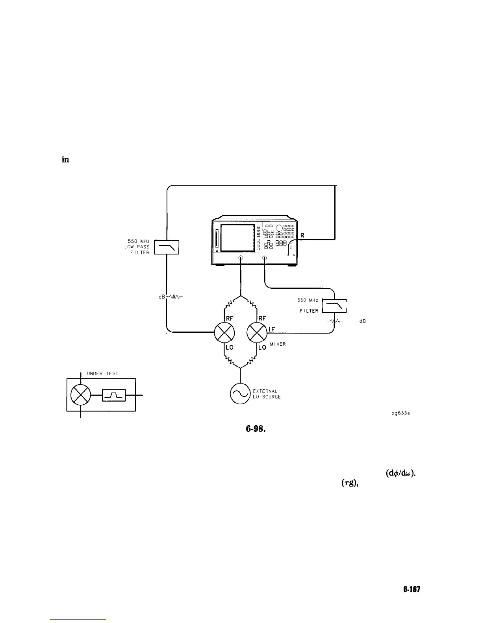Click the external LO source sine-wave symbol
click(x=240, y=393)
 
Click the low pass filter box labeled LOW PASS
click(x=167, y=247)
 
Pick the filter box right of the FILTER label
click(x=334, y=306)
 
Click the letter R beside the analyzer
click(x=302, y=235)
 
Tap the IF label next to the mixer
click(x=271, y=326)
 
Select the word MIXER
click(x=278, y=344)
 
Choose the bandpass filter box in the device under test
click(x=114, y=394)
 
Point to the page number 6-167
click(x=412, y=589)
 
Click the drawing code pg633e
click(x=399, y=413)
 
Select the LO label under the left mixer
click(x=229, y=348)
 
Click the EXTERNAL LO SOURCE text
click(x=267, y=394)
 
